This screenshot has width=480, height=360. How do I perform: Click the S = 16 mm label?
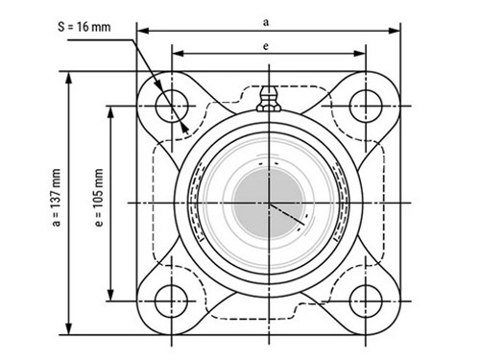[84, 27]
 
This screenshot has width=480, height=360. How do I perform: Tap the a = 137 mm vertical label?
[57, 198]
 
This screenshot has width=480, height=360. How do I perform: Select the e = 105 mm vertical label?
[99, 198]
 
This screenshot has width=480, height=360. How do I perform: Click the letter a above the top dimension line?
[266, 22]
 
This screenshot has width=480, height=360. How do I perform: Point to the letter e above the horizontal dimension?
[266, 46]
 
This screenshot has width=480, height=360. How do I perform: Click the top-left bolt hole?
[172, 106]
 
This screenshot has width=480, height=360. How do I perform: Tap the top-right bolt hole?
[366, 106]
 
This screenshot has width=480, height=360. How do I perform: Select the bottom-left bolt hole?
[171, 301]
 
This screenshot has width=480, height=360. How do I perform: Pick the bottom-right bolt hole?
[366, 301]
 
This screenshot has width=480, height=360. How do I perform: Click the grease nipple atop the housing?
[269, 99]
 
